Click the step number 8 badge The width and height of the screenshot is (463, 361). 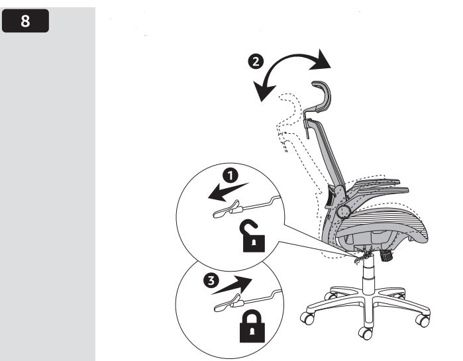(x=25, y=21)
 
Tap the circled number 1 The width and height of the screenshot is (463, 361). (x=231, y=176)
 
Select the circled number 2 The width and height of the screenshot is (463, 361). (x=256, y=62)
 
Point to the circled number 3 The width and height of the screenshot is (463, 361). (x=211, y=280)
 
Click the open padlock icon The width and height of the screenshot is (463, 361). (x=253, y=236)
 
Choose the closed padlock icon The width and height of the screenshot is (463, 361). (x=252, y=326)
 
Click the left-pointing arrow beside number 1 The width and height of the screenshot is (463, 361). (x=228, y=192)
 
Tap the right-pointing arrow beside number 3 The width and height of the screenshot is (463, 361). (x=232, y=285)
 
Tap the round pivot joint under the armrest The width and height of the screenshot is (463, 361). (x=343, y=211)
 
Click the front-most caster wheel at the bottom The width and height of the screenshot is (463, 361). (x=366, y=333)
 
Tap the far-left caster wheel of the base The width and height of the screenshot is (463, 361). (x=307, y=318)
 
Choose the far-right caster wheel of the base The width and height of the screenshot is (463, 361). (x=423, y=320)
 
